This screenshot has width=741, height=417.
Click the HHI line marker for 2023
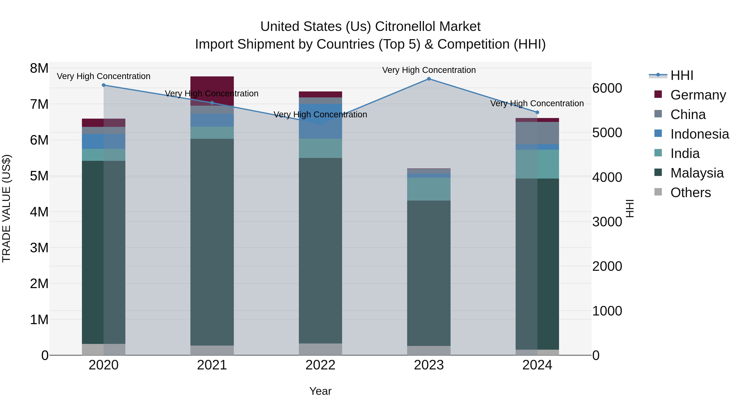(x=429, y=79)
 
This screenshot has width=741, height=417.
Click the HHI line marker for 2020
(x=104, y=85)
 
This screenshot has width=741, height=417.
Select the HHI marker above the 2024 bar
(x=537, y=112)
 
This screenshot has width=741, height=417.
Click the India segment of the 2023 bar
(x=429, y=189)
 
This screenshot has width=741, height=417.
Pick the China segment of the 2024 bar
(x=537, y=133)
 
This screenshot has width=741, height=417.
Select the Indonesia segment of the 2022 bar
(x=320, y=121)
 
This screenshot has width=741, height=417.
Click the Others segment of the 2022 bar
(x=320, y=349)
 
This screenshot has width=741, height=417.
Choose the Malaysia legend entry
(x=696, y=173)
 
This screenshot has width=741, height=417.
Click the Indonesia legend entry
(x=699, y=134)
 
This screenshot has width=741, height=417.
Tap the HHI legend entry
(x=682, y=75)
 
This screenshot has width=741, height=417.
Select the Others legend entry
(x=690, y=193)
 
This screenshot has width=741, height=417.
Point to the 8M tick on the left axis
(x=39, y=69)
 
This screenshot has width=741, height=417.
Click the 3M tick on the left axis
(x=39, y=248)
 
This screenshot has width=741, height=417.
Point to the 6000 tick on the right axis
(x=607, y=88)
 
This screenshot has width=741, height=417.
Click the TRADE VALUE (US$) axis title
(x=6, y=208)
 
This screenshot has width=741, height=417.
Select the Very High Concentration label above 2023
(x=429, y=70)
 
